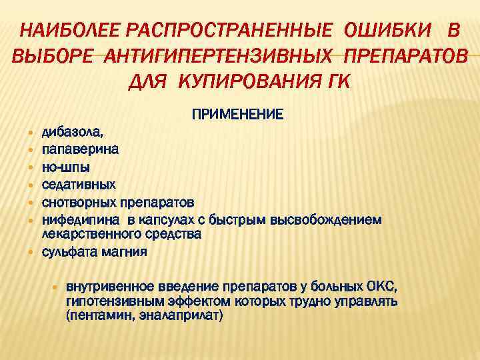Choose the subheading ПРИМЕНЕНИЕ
click(x=238, y=115)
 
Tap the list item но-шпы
click(x=66, y=167)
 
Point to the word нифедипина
click(x=79, y=219)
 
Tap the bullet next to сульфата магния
click(x=31, y=253)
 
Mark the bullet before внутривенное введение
click(x=56, y=287)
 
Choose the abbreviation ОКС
click(x=381, y=287)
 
